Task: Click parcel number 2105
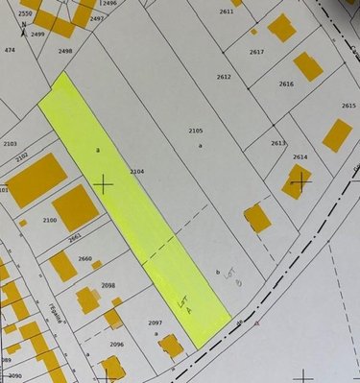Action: (x=195, y=130)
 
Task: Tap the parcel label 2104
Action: (x=136, y=171)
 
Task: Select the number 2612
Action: (x=224, y=76)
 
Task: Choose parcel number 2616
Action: (x=286, y=84)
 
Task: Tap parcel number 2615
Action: (x=348, y=106)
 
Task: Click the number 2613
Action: (x=277, y=143)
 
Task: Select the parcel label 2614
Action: (x=300, y=156)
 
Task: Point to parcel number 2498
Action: (x=65, y=51)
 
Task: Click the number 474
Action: (x=10, y=49)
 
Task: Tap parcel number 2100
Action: (x=50, y=220)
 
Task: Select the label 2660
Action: (x=84, y=259)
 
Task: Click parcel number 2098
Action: (x=108, y=285)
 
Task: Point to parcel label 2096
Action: (x=116, y=344)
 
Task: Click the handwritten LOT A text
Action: (x=185, y=304)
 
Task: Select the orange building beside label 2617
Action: (x=281, y=27)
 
